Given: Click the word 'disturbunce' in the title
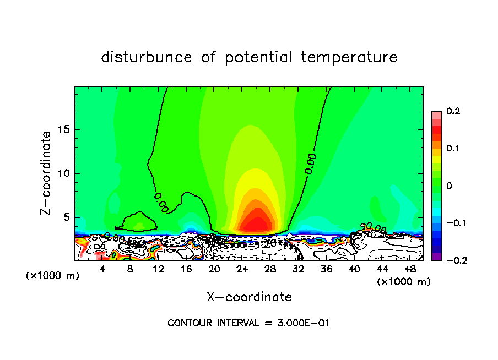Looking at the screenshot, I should click(147, 57).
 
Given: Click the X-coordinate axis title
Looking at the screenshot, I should click(249, 297).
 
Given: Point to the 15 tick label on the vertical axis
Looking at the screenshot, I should click(63, 130).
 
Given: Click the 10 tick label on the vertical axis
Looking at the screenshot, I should click(63, 173).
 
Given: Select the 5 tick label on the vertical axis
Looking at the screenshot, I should click(66, 217).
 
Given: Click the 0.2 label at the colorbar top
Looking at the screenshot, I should click(453, 111).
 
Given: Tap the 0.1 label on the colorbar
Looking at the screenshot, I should click(453, 149).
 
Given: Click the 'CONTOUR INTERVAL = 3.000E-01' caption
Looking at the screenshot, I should click(248, 323).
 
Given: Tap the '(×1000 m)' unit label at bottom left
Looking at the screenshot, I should click(53, 276).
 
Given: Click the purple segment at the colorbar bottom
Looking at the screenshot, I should click(436, 257).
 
